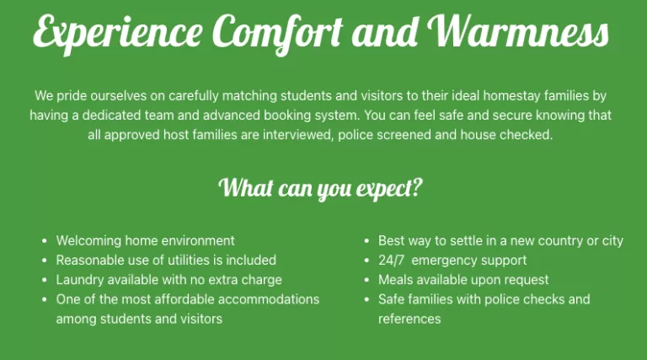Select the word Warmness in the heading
point(518,31)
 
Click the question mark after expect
point(417,187)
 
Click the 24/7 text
point(391,261)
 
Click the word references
point(409,320)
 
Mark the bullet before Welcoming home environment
point(45,240)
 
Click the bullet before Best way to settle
point(366,240)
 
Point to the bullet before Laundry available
point(45,280)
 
